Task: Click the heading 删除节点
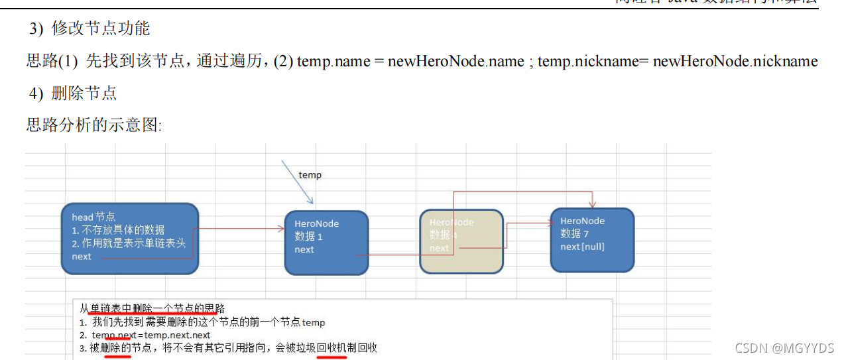point(84,93)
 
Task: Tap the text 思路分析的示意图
point(93,125)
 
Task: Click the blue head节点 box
point(130,238)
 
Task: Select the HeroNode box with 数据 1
point(326,242)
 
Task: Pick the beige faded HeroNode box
point(461,241)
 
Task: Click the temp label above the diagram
point(310,175)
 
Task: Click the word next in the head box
point(82,257)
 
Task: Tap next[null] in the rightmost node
point(582,247)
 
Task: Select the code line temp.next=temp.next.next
point(151,335)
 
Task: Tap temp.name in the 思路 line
point(324,62)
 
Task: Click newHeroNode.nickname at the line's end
point(735,62)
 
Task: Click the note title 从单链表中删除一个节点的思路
point(152,308)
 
